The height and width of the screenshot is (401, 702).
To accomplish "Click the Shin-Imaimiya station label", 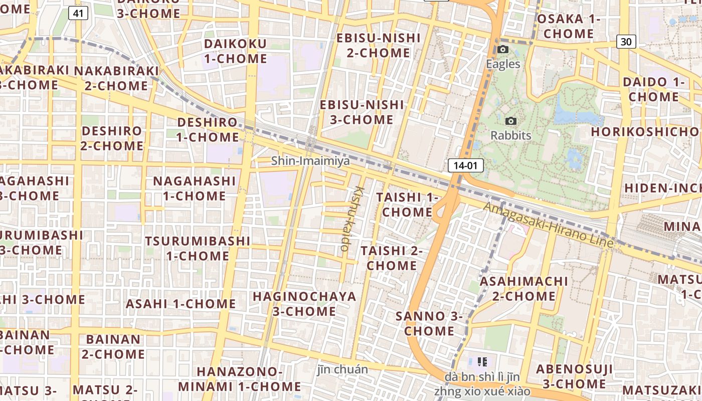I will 310,161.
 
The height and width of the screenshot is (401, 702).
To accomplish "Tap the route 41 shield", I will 78,13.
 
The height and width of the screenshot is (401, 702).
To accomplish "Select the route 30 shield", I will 626,42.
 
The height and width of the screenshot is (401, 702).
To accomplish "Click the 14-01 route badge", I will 465,165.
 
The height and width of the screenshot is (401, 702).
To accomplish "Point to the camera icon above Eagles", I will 503,49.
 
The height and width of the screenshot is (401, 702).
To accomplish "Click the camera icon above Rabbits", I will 511,121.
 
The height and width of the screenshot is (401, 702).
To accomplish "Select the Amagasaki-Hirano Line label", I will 549,225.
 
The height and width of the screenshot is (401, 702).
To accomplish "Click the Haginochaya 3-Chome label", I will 304,304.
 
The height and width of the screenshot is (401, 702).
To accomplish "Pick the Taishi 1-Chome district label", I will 407,205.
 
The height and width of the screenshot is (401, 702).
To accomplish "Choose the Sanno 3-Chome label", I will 429,323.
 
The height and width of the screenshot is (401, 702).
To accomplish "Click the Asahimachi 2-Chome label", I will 524,288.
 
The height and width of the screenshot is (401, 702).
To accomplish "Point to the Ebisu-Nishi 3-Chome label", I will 362,112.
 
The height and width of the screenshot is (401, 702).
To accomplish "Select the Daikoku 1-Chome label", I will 235,51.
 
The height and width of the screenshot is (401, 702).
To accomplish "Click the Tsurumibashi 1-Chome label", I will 198,248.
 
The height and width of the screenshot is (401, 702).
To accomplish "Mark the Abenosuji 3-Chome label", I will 574,376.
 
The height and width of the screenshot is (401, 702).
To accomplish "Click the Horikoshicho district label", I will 645,131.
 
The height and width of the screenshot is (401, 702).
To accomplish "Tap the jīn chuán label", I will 343,370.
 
